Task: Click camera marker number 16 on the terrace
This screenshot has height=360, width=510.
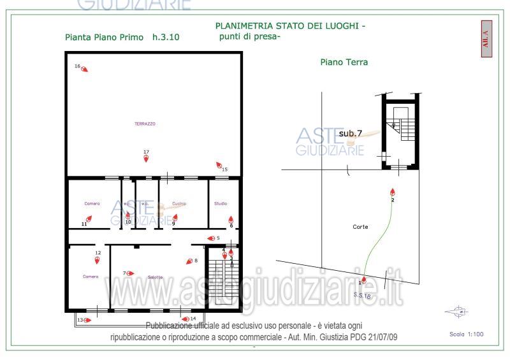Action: pyautogui.click(x=84, y=69)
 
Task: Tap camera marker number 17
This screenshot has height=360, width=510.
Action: pyautogui.click(x=146, y=159)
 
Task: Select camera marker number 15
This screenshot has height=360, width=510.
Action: pyautogui.click(x=219, y=165)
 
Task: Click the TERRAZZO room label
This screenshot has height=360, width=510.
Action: pyautogui.click(x=145, y=124)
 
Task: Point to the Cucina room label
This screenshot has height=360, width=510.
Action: pyautogui.click(x=179, y=203)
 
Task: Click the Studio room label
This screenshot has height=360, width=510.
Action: pyautogui.click(x=221, y=203)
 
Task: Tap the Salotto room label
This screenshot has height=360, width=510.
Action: pyautogui.click(x=155, y=277)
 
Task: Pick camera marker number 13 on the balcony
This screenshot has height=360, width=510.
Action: pyautogui.click(x=87, y=320)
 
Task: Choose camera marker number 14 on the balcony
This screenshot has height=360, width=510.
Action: pyautogui.click(x=186, y=319)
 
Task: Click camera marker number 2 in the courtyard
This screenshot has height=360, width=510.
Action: pyautogui.click(x=393, y=192)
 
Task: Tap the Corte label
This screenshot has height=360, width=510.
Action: pyautogui.click(x=360, y=227)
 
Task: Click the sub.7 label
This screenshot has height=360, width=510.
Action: pyautogui.click(x=350, y=133)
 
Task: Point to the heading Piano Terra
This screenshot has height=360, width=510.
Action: pyautogui.click(x=344, y=62)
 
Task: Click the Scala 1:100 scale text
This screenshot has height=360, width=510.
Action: pyautogui.click(x=467, y=334)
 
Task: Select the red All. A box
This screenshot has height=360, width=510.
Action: pyautogui.click(x=486, y=39)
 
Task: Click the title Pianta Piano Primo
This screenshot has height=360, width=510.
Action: pyautogui.click(x=106, y=37)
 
